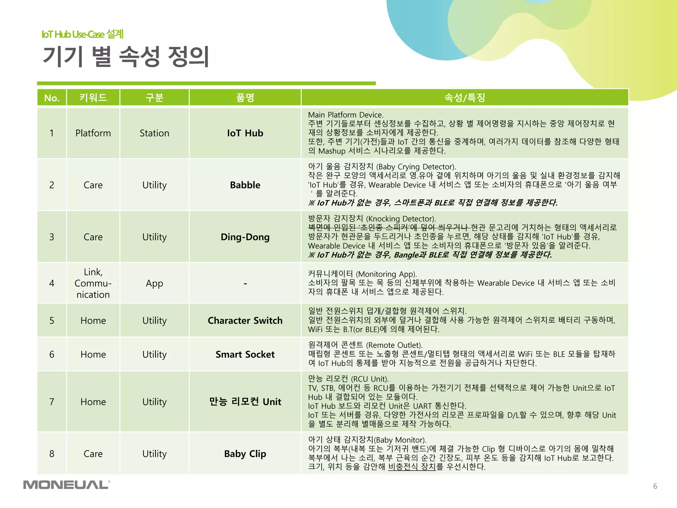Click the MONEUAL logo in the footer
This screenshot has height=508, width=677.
[66, 485]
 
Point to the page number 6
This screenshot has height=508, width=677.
[655, 486]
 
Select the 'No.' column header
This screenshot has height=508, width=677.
[52, 98]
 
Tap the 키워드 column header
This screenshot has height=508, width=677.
[93, 98]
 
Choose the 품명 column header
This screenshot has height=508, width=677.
[245, 98]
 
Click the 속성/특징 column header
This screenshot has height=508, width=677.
[464, 98]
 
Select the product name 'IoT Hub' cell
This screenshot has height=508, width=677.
[245, 133]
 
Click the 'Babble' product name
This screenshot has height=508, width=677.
[245, 185]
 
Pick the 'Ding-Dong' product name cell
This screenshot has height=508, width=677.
[245, 237]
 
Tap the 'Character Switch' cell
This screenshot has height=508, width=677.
[245, 320]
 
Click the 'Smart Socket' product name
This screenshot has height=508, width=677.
[245, 354]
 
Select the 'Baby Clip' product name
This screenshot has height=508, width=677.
[245, 454]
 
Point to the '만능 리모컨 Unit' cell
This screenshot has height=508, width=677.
[245, 402]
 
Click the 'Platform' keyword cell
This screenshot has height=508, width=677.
[93, 133]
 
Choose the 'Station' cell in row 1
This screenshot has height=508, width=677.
[154, 133]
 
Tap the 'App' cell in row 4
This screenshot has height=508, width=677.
[154, 283]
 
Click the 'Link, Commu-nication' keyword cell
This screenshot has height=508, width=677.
[93, 283]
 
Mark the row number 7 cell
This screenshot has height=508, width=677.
[52, 402]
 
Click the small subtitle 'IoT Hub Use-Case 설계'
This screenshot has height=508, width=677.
[82, 34]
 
